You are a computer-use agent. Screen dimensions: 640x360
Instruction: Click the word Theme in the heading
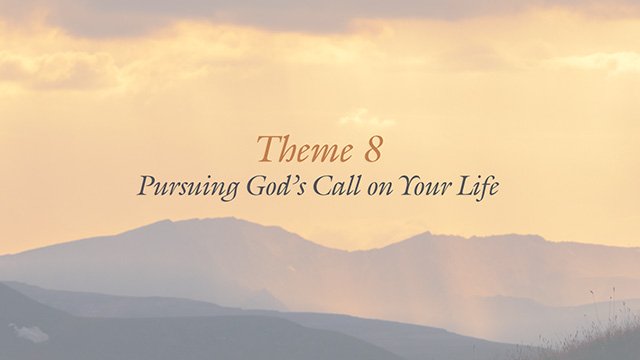[x=304, y=149]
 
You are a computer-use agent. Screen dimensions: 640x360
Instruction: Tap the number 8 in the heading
[x=372, y=149]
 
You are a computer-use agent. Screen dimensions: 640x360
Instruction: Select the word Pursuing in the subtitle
[x=188, y=189]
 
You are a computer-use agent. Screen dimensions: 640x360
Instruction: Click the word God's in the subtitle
[x=277, y=187]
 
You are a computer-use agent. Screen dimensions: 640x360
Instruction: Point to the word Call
[x=338, y=186]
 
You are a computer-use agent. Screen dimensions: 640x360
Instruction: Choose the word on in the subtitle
[x=380, y=189]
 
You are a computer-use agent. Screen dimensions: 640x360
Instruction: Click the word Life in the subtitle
[x=477, y=187]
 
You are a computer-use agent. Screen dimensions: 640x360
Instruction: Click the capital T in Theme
[x=269, y=149]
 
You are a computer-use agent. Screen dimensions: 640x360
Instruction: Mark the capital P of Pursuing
[x=147, y=187]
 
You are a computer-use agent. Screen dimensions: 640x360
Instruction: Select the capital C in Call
[x=324, y=187]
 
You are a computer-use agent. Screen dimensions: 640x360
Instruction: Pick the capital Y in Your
[x=408, y=187]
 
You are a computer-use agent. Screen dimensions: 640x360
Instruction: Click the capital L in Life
[x=465, y=187]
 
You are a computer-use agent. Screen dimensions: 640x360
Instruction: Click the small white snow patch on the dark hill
[x=29, y=333]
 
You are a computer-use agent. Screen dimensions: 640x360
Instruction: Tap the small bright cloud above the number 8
[x=365, y=118]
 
